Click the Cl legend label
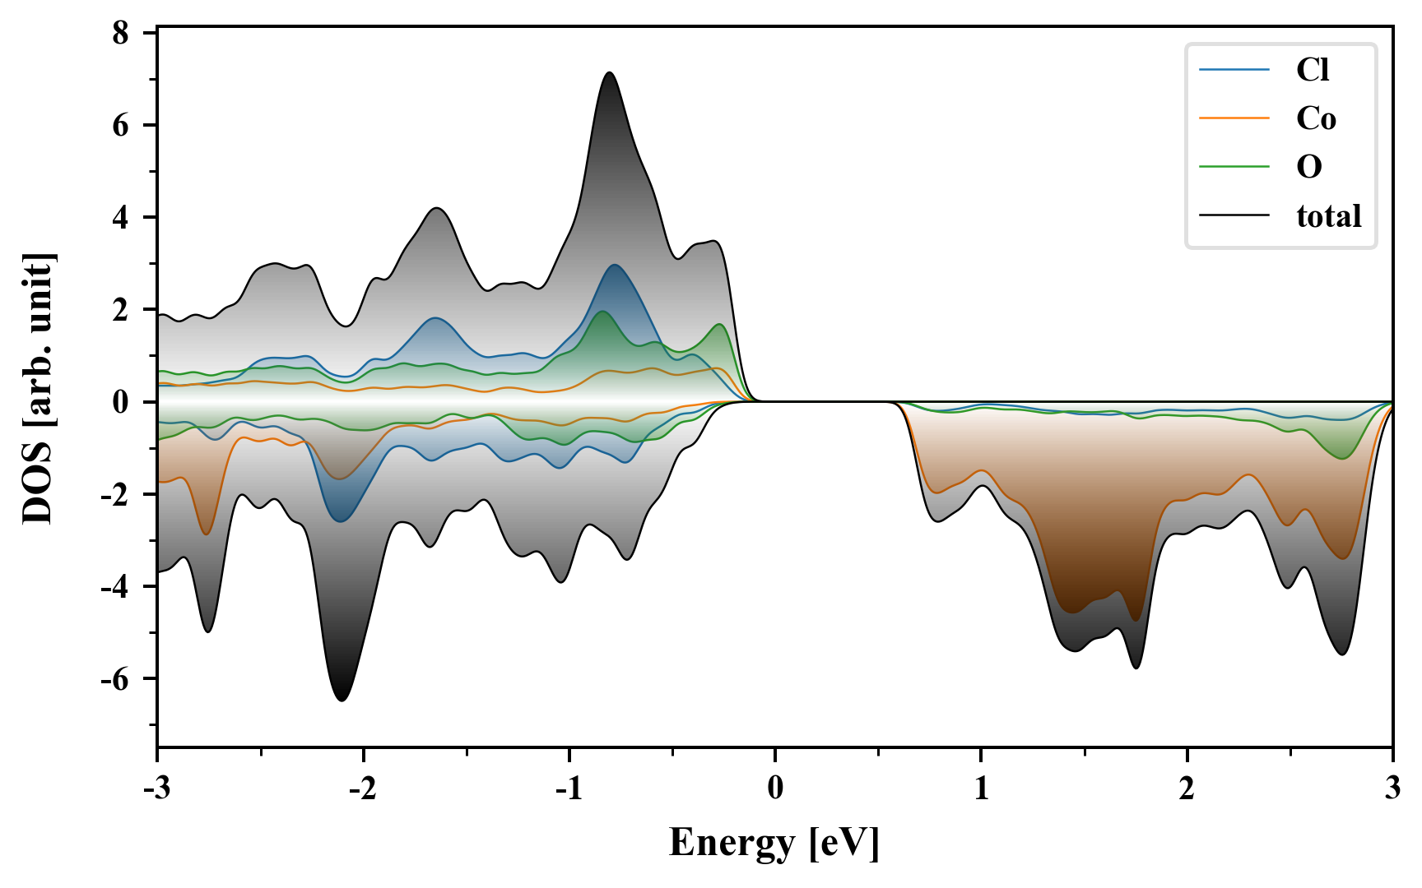tap(1312, 70)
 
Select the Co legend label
tap(1316, 118)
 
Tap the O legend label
tap(1309, 167)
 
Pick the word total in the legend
tap(1328, 216)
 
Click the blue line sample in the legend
tap(1234, 70)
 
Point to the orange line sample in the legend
tap(1234, 118)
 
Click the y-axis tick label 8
tap(120, 33)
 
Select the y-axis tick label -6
tap(115, 679)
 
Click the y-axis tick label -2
tap(115, 495)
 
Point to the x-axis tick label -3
tap(156, 789)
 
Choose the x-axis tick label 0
tap(775, 789)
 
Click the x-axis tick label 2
tap(1187, 789)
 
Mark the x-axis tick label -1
tap(569, 789)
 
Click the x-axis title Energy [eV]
tap(774, 843)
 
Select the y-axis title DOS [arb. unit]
tap(38, 389)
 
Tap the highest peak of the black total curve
tap(609, 73)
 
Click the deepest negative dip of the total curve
tap(342, 700)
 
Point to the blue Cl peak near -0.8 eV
tap(614, 266)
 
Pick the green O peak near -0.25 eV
tap(720, 325)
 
